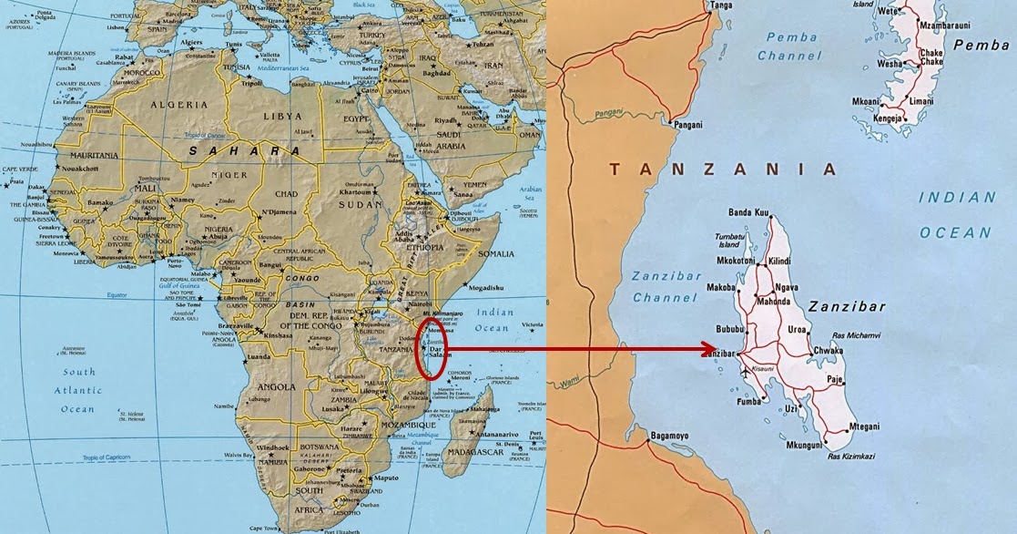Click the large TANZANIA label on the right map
click(722, 169)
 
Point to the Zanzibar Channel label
click(664, 285)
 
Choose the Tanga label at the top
click(721, 5)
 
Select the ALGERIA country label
click(171, 105)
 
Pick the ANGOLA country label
click(277, 386)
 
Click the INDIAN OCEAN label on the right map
click(955, 214)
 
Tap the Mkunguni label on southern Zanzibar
click(803, 445)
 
